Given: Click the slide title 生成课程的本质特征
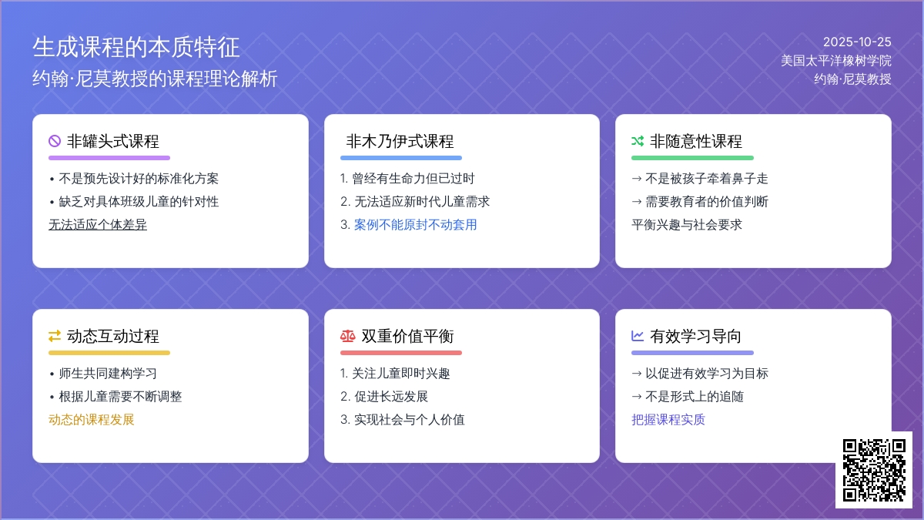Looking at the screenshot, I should pyautogui.click(x=136, y=48).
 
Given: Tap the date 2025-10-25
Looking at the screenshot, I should pyautogui.click(x=856, y=42).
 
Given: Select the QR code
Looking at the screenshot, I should pyautogui.click(x=874, y=470).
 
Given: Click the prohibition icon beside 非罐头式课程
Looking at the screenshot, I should pyautogui.click(x=55, y=141).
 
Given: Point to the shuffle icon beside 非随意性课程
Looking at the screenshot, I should pyautogui.click(x=638, y=141).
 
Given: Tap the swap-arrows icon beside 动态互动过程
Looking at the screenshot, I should pyautogui.click(x=55, y=336).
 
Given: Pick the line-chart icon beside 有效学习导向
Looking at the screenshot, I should pyautogui.click(x=638, y=336).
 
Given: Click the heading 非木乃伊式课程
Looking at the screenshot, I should pyautogui.click(x=400, y=141).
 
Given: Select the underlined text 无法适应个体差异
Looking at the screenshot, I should pyautogui.click(x=98, y=225).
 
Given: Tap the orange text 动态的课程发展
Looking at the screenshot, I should pyautogui.click(x=92, y=420).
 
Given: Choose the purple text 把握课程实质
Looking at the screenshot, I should pyautogui.click(x=668, y=420).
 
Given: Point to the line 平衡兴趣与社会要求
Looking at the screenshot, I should pyautogui.click(x=687, y=225).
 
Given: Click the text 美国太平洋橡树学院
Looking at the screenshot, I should pyautogui.click(x=835, y=60).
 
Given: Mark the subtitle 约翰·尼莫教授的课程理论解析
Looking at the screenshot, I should pyautogui.click(x=155, y=79).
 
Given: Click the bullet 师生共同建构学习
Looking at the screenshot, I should pyautogui.click(x=108, y=374).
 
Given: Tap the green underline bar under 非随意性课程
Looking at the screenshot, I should pyautogui.click(x=692, y=158).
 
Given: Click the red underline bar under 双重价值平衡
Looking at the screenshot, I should pyautogui.click(x=401, y=353).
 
